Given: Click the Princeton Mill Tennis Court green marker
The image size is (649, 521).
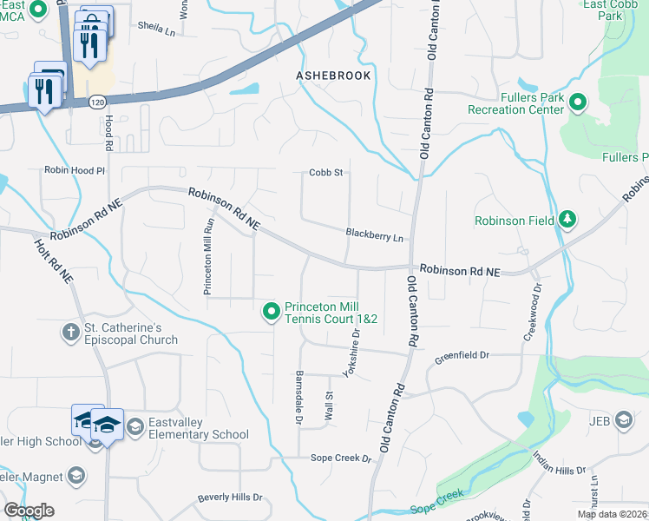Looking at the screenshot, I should pyautogui.click(x=272, y=311).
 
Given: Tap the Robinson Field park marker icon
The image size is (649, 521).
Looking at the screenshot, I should pyautogui.click(x=567, y=220).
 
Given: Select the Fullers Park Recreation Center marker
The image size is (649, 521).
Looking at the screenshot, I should pyautogui.click(x=578, y=103).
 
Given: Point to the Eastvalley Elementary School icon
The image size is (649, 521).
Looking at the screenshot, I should pyautogui.click(x=134, y=427).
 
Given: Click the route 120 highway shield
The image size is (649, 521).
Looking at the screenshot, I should pyautogui.click(x=97, y=102).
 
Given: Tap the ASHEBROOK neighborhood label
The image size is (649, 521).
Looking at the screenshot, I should pyautogui.click(x=333, y=76).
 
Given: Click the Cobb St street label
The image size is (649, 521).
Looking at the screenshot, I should pyautogui.click(x=326, y=173).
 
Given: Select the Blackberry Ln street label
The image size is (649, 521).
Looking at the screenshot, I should pyautogui.click(x=374, y=235).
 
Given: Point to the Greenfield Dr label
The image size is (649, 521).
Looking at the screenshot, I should pyautogui.click(x=462, y=355).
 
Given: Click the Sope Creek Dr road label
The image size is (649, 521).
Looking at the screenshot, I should pyautogui.click(x=341, y=458).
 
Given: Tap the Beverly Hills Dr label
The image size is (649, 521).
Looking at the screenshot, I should pyautogui.click(x=229, y=498).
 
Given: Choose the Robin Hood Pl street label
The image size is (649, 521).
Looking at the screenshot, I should pyautogui.click(x=75, y=171).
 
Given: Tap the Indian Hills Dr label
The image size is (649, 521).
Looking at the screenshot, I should pyautogui.click(x=560, y=472).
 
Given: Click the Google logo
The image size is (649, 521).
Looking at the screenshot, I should pyautogui.click(x=28, y=511).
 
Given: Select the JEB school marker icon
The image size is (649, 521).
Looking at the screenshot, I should pyautogui.click(x=623, y=421).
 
